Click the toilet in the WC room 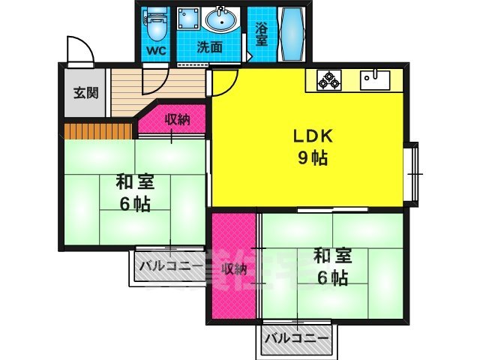click(157, 24)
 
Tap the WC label click(157, 52)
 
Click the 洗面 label click(210, 47)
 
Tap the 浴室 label click(261, 34)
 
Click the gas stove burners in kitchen click(328, 79)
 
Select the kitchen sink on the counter click(373, 79)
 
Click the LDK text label click(307, 137)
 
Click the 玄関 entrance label click(85, 93)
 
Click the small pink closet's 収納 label click(177, 119)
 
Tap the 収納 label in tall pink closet click(233, 268)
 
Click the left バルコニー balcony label click(169, 264)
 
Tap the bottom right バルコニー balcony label click(296, 338)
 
